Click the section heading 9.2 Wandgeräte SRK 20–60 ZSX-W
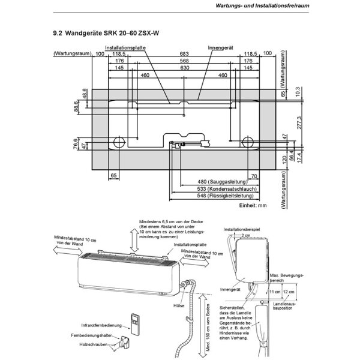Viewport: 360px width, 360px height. click(101, 35)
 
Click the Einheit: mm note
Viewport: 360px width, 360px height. click(252, 205)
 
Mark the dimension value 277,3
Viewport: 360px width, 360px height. click(298, 123)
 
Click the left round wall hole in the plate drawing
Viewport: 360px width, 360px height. click(118, 142)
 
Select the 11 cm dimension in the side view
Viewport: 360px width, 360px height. click(275, 292)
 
